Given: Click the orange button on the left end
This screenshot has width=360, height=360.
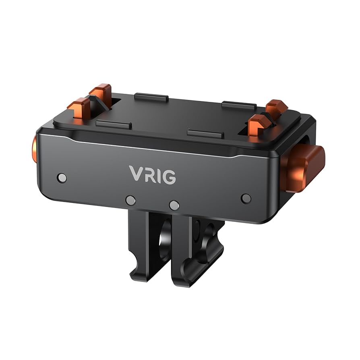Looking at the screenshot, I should [34, 149].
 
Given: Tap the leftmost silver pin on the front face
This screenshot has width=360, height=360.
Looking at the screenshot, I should [62, 178].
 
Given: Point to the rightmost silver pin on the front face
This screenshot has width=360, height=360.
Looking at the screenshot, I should [246, 198].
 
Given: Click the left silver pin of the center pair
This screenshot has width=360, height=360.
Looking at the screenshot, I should [130, 200].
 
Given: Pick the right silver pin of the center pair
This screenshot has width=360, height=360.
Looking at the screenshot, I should [174, 205].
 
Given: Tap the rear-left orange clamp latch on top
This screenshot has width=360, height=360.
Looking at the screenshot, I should [101, 93].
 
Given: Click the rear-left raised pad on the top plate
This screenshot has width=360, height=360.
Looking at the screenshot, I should [151, 97].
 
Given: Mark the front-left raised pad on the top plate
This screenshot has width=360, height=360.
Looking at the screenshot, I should [114, 124].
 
